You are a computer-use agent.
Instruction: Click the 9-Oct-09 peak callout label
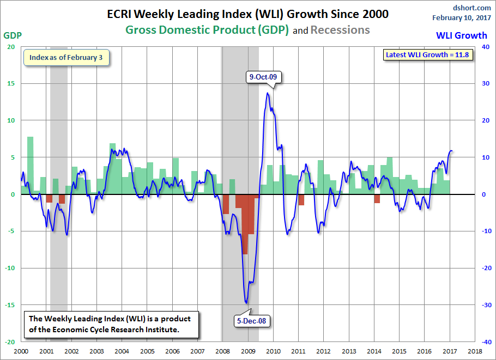(263, 77)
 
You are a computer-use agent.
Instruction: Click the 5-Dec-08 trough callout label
(252, 321)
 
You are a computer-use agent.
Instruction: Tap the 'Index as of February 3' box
(66, 58)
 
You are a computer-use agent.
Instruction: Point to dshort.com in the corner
(472, 8)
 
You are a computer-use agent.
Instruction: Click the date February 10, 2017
(462, 17)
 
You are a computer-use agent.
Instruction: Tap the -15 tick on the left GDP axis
(11, 305)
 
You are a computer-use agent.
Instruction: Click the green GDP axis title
(13, 35)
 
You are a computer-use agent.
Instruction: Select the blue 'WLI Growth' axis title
(462, 35)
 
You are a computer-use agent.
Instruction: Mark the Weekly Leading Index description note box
(111, 325)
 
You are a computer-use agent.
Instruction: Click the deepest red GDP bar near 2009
(245, 224)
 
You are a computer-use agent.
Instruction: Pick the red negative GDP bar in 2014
(377, 199)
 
